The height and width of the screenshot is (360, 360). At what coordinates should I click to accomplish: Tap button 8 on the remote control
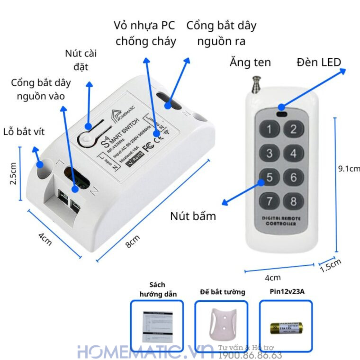[294, 201]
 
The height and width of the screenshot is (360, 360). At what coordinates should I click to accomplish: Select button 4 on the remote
[294, 153]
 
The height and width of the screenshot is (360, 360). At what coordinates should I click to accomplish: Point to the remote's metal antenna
[256, 84]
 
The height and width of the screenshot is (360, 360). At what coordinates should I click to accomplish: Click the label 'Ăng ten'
[250, 62]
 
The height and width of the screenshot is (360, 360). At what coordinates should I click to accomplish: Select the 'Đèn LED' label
[319, 62]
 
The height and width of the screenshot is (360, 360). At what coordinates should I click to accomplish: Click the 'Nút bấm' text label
[193, 216]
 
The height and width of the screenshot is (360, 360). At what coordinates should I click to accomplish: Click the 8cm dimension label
[133, 243]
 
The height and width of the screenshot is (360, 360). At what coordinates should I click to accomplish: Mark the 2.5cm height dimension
[14, 173]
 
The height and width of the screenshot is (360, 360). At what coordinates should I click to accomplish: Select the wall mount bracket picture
[222, 326]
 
